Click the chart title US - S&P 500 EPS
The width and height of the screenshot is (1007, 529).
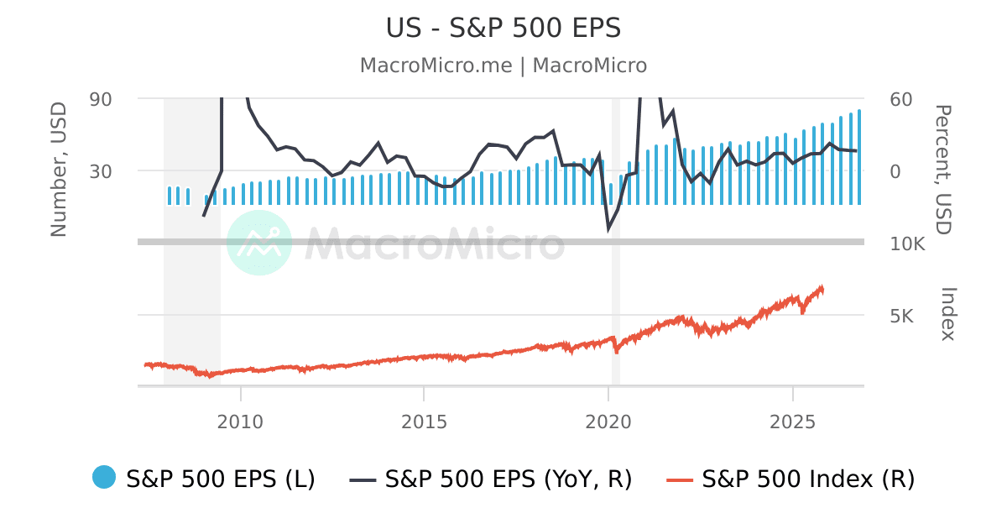503,28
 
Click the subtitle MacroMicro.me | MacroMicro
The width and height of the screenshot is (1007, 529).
503,65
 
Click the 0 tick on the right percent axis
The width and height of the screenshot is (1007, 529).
895,171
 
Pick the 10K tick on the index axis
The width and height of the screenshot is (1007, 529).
907,244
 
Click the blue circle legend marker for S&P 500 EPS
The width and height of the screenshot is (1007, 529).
104,477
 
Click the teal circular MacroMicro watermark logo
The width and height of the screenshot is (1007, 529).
259,243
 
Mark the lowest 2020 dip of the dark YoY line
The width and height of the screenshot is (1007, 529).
609,228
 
